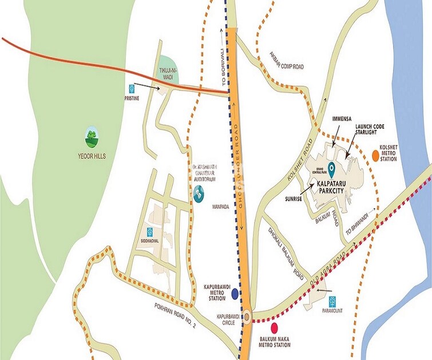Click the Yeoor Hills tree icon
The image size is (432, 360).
point(90,136)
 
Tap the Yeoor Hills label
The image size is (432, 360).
point(92,155)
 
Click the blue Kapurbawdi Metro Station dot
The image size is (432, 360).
point(235,294)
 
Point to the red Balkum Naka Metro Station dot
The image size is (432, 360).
point(274,328)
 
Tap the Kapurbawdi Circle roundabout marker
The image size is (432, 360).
point(247,316)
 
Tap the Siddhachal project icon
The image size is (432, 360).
point(149,232)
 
